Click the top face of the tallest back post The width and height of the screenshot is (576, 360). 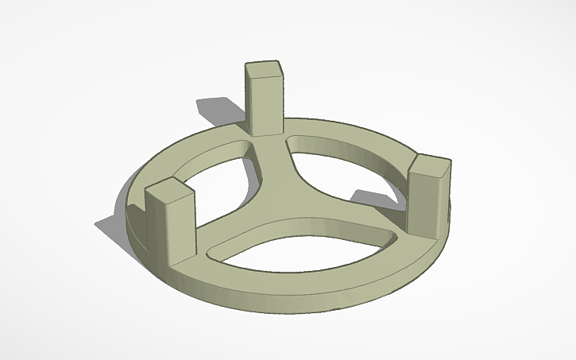coord(265,69)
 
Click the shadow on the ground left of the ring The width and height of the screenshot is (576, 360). coord(111,226)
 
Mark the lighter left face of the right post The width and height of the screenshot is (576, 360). coord(419,203)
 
